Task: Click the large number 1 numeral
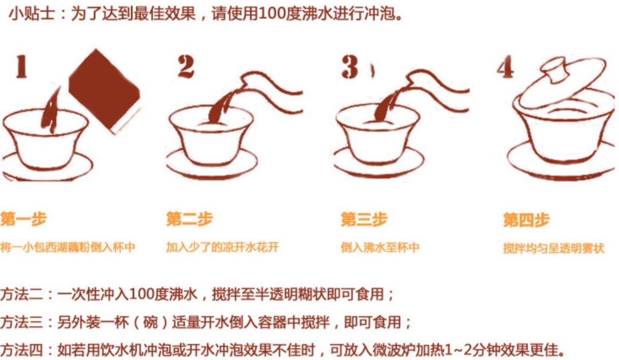coord(21,66)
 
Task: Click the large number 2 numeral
coord(186,66)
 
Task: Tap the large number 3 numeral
coord(350,66)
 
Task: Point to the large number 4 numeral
coord(506,66)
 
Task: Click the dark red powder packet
coord(105,91)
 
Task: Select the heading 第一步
coord(23,218)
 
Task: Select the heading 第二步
coord(190,218)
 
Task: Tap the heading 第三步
coord(364,219)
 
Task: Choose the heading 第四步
coord(526,220)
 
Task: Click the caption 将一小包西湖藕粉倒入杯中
coord(68,247)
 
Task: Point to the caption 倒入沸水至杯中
coord(380,248)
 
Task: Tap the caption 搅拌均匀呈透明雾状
coord(554,248)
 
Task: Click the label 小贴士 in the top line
coord(32,14)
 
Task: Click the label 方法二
coord(21,294)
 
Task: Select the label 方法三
coord(21,322)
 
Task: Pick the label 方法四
coord(21,350)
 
